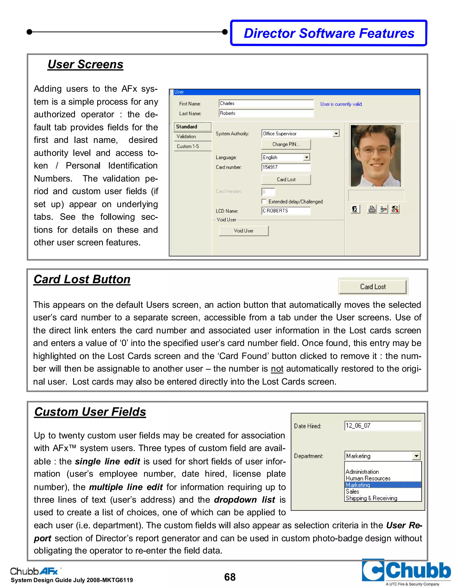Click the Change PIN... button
tap(286, 144)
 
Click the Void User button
tap(243, 231)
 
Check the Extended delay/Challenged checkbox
tap(264, 201)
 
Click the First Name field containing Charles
tap(266, 104)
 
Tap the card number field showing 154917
tap(286, 167)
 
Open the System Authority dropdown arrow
tap(336, 134)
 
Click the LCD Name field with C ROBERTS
tap(286, 211)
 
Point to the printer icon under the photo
tap(372, 209)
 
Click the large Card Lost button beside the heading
tap(373, 287)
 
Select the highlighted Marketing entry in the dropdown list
tap(383, 485)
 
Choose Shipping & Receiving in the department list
tap(371, 498)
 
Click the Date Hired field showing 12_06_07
tap(383, 426)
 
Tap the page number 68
tap(230, 577)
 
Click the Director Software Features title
tap(329, 33)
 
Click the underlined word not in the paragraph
tap(277, 369)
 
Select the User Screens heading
tap(86, 64)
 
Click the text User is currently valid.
tap(341, 104)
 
